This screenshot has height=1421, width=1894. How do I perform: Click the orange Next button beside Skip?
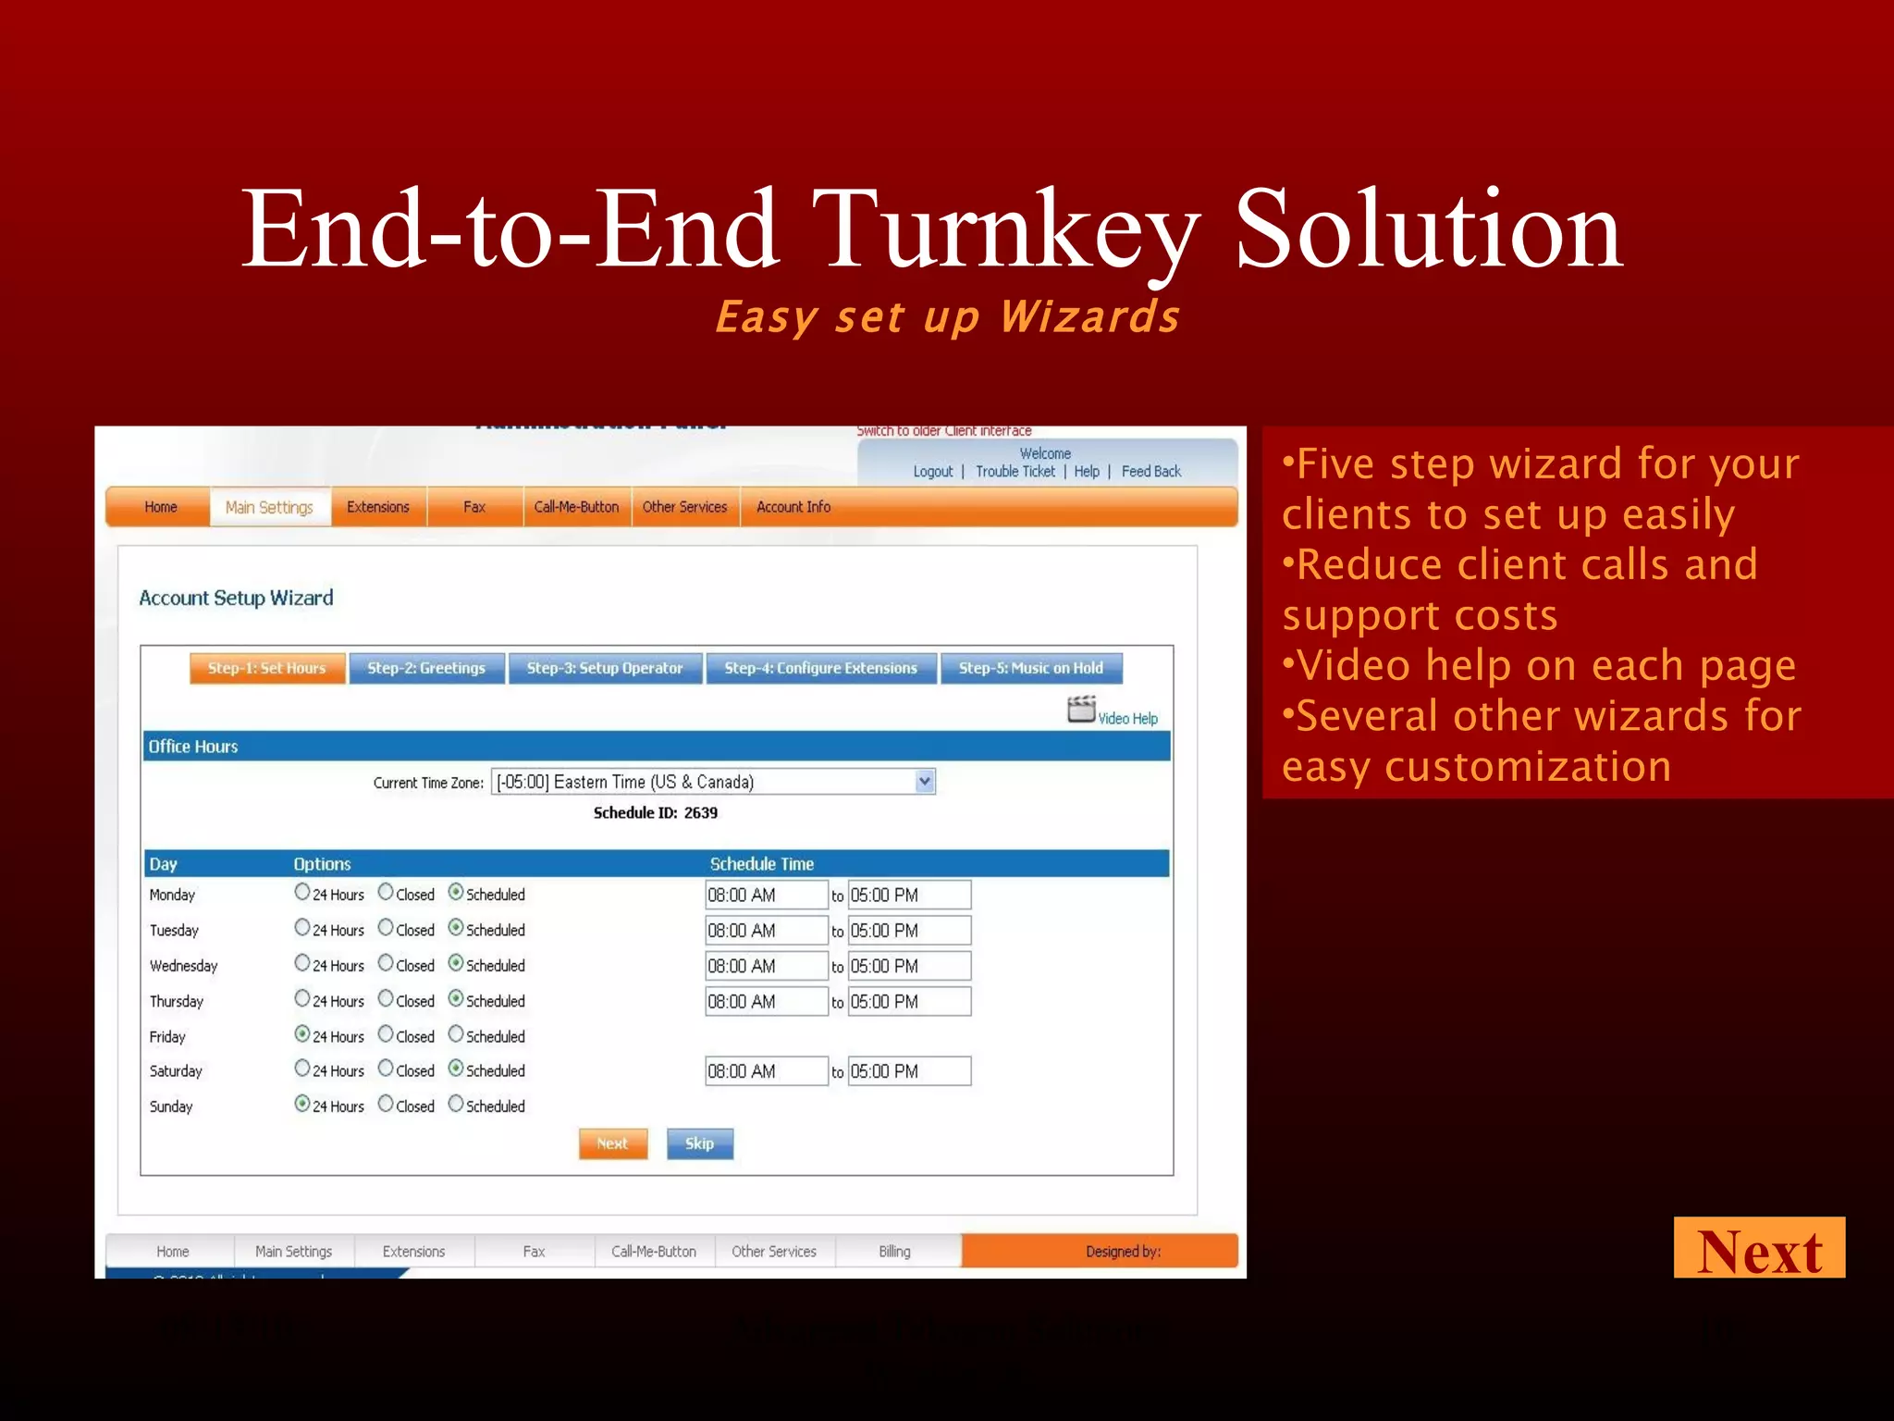(612, 1143)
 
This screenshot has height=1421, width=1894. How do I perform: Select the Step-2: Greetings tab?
(426, 668)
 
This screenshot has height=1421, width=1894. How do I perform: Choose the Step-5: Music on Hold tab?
(1030, 668)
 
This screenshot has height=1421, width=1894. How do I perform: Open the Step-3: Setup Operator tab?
(605, 668)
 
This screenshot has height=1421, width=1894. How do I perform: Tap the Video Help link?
(1126, 718)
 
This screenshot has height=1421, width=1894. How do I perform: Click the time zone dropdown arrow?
(924, 782)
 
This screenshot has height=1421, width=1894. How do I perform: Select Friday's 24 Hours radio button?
(302, 1034)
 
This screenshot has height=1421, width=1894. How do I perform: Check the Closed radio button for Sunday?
(386, 1104)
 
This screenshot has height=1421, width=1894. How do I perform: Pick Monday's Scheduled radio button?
(456, 892)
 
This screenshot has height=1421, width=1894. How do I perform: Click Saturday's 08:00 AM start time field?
(766, 1071)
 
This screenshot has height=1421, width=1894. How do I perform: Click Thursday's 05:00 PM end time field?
(909, 1001)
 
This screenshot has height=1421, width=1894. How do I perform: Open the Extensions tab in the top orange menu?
(377, 507)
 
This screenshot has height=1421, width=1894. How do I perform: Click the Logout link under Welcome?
(932, 471)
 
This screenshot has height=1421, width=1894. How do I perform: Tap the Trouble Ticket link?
(1015, 471)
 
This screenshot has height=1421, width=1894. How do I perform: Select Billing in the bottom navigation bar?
(894, 1251)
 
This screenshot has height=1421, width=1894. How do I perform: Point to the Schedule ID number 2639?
(700, 812)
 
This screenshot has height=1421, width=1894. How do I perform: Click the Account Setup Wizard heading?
(236, 598)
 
